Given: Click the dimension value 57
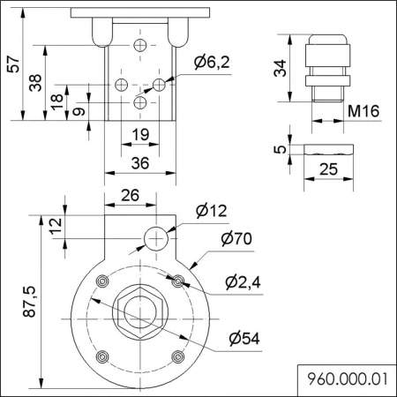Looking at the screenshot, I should click(11, 68).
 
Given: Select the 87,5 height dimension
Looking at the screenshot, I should click(28, 301).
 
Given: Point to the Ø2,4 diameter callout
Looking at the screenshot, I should click(241, 282).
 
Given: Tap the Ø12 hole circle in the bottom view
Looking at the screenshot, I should click(155, 237).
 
